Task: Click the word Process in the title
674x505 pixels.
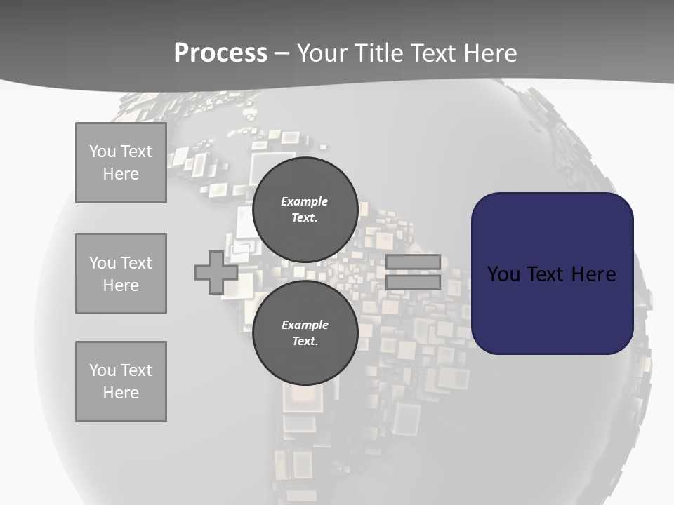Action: click(x=220, y=53)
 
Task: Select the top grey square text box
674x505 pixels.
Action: click(x=121, y=163)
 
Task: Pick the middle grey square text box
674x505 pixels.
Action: click(x=121, y=274)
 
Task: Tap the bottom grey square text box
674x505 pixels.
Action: click(x=121, y=382)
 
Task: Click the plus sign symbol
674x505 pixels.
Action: click(x=216, y=272)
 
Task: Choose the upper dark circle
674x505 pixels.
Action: click(x=305, y=210)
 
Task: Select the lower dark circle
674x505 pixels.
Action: click(x=305, y=333)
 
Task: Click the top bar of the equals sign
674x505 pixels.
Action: click(x=413, y=262)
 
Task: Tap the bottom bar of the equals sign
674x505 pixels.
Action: click(x=413, y=283)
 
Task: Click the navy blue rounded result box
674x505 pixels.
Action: click(x=552, y=274)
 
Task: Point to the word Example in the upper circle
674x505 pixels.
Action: click(x=304, y=201)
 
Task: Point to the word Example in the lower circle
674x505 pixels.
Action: click(x=305, y=325)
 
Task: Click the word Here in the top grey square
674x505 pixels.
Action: click(x=121, y=174)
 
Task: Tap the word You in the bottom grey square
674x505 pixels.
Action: click(x=102, y=370)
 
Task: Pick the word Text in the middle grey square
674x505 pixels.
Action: click(x=136, y=263)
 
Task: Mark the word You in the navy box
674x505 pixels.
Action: click(x=503, y=274)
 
